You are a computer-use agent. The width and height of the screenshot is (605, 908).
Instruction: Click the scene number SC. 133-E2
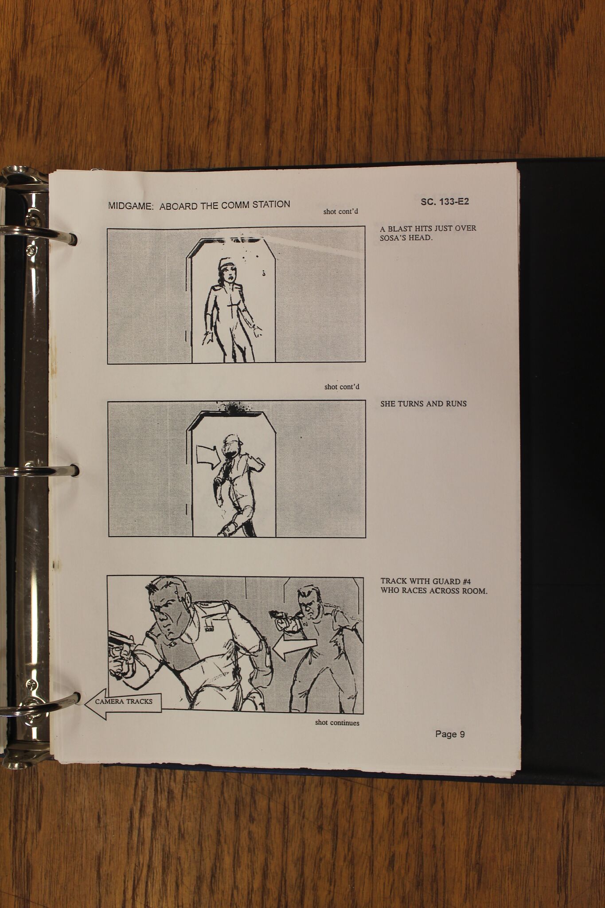tap(445, 202)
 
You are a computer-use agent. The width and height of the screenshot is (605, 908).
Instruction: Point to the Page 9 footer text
tap(450, 734)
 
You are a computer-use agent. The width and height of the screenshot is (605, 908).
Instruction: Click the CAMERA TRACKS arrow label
tap(123, 701)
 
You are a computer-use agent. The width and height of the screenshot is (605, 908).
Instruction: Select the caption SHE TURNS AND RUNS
tap(423, 404)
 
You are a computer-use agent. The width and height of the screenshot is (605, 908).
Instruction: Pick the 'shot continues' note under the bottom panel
tap(337, 723)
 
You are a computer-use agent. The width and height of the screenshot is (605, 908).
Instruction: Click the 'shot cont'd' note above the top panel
tap(340, 211)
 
